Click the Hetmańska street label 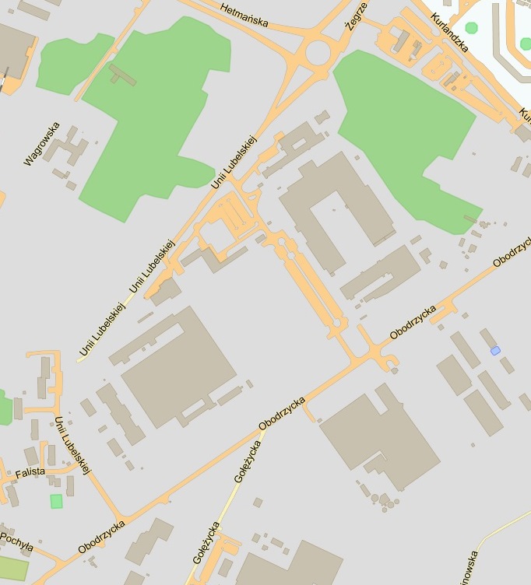(x=244, y=14)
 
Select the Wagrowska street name (x=42, y=143)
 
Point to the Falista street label (x=30, y=472)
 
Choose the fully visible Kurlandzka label (x=452, y=31)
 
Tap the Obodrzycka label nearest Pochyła (x=101, y=538)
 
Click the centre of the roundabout (x=318, y=53)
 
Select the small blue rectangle (x=495, y=351)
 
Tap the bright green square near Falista (x=56, y=501)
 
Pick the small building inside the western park (x=122, y=75)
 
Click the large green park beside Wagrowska (x=156, y=117)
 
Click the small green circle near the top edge (x=471, y=6)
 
